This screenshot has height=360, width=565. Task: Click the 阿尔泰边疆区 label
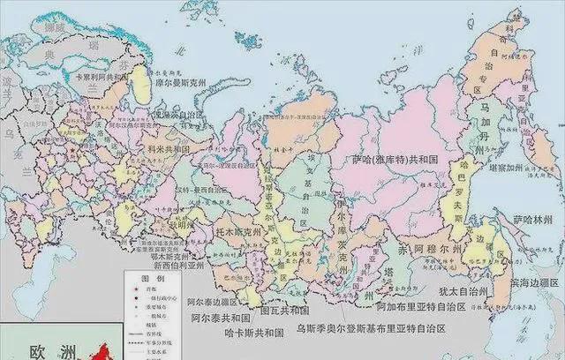[211, 300]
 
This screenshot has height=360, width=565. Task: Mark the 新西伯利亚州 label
[179, 264]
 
